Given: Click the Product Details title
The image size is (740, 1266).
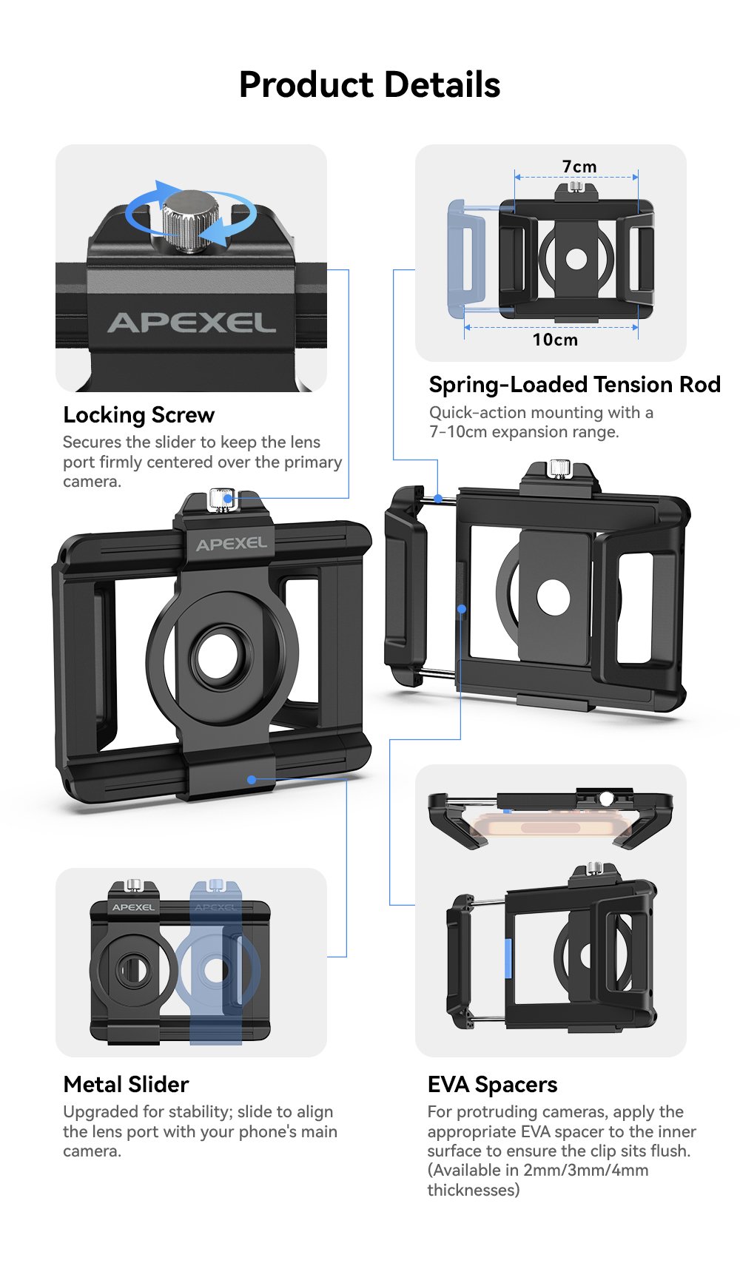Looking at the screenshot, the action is [x=370, y=85].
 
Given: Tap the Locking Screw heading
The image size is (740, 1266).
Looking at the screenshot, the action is [x=138, y=415].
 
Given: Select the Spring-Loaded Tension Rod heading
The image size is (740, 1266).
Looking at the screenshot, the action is [x=574, y=384].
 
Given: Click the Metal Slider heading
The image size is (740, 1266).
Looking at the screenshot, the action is [x=126, y=1084].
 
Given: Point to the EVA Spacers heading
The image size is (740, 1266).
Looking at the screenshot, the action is [x=492, y=1085].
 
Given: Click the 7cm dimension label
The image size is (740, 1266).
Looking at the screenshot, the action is [x=579, y=166].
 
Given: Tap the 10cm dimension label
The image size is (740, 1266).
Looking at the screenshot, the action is [x=555, y=340].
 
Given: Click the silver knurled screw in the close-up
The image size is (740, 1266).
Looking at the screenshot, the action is [x=191, y=221].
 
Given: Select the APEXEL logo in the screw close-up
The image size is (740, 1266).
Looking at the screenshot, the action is [x=192, y=323].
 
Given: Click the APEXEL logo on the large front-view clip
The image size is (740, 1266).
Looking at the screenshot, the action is [x=231, y=544].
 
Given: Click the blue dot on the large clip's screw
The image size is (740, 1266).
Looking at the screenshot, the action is [x=227, y=499].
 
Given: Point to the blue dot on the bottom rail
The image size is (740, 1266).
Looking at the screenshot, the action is [x=252, y=779].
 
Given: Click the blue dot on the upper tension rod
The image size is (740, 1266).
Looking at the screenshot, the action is [x=439, y=498].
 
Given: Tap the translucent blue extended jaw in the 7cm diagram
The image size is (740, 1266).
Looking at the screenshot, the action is [x=466, y=258].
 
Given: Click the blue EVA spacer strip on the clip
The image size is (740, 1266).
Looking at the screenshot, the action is [x=508, y=958].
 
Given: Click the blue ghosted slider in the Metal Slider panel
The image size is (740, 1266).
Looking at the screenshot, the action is [x=215, y=962].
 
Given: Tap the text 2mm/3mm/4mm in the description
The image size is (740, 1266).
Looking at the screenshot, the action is [x=585, y=1170].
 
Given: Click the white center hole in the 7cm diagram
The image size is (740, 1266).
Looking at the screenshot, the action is [x=576, y=259].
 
